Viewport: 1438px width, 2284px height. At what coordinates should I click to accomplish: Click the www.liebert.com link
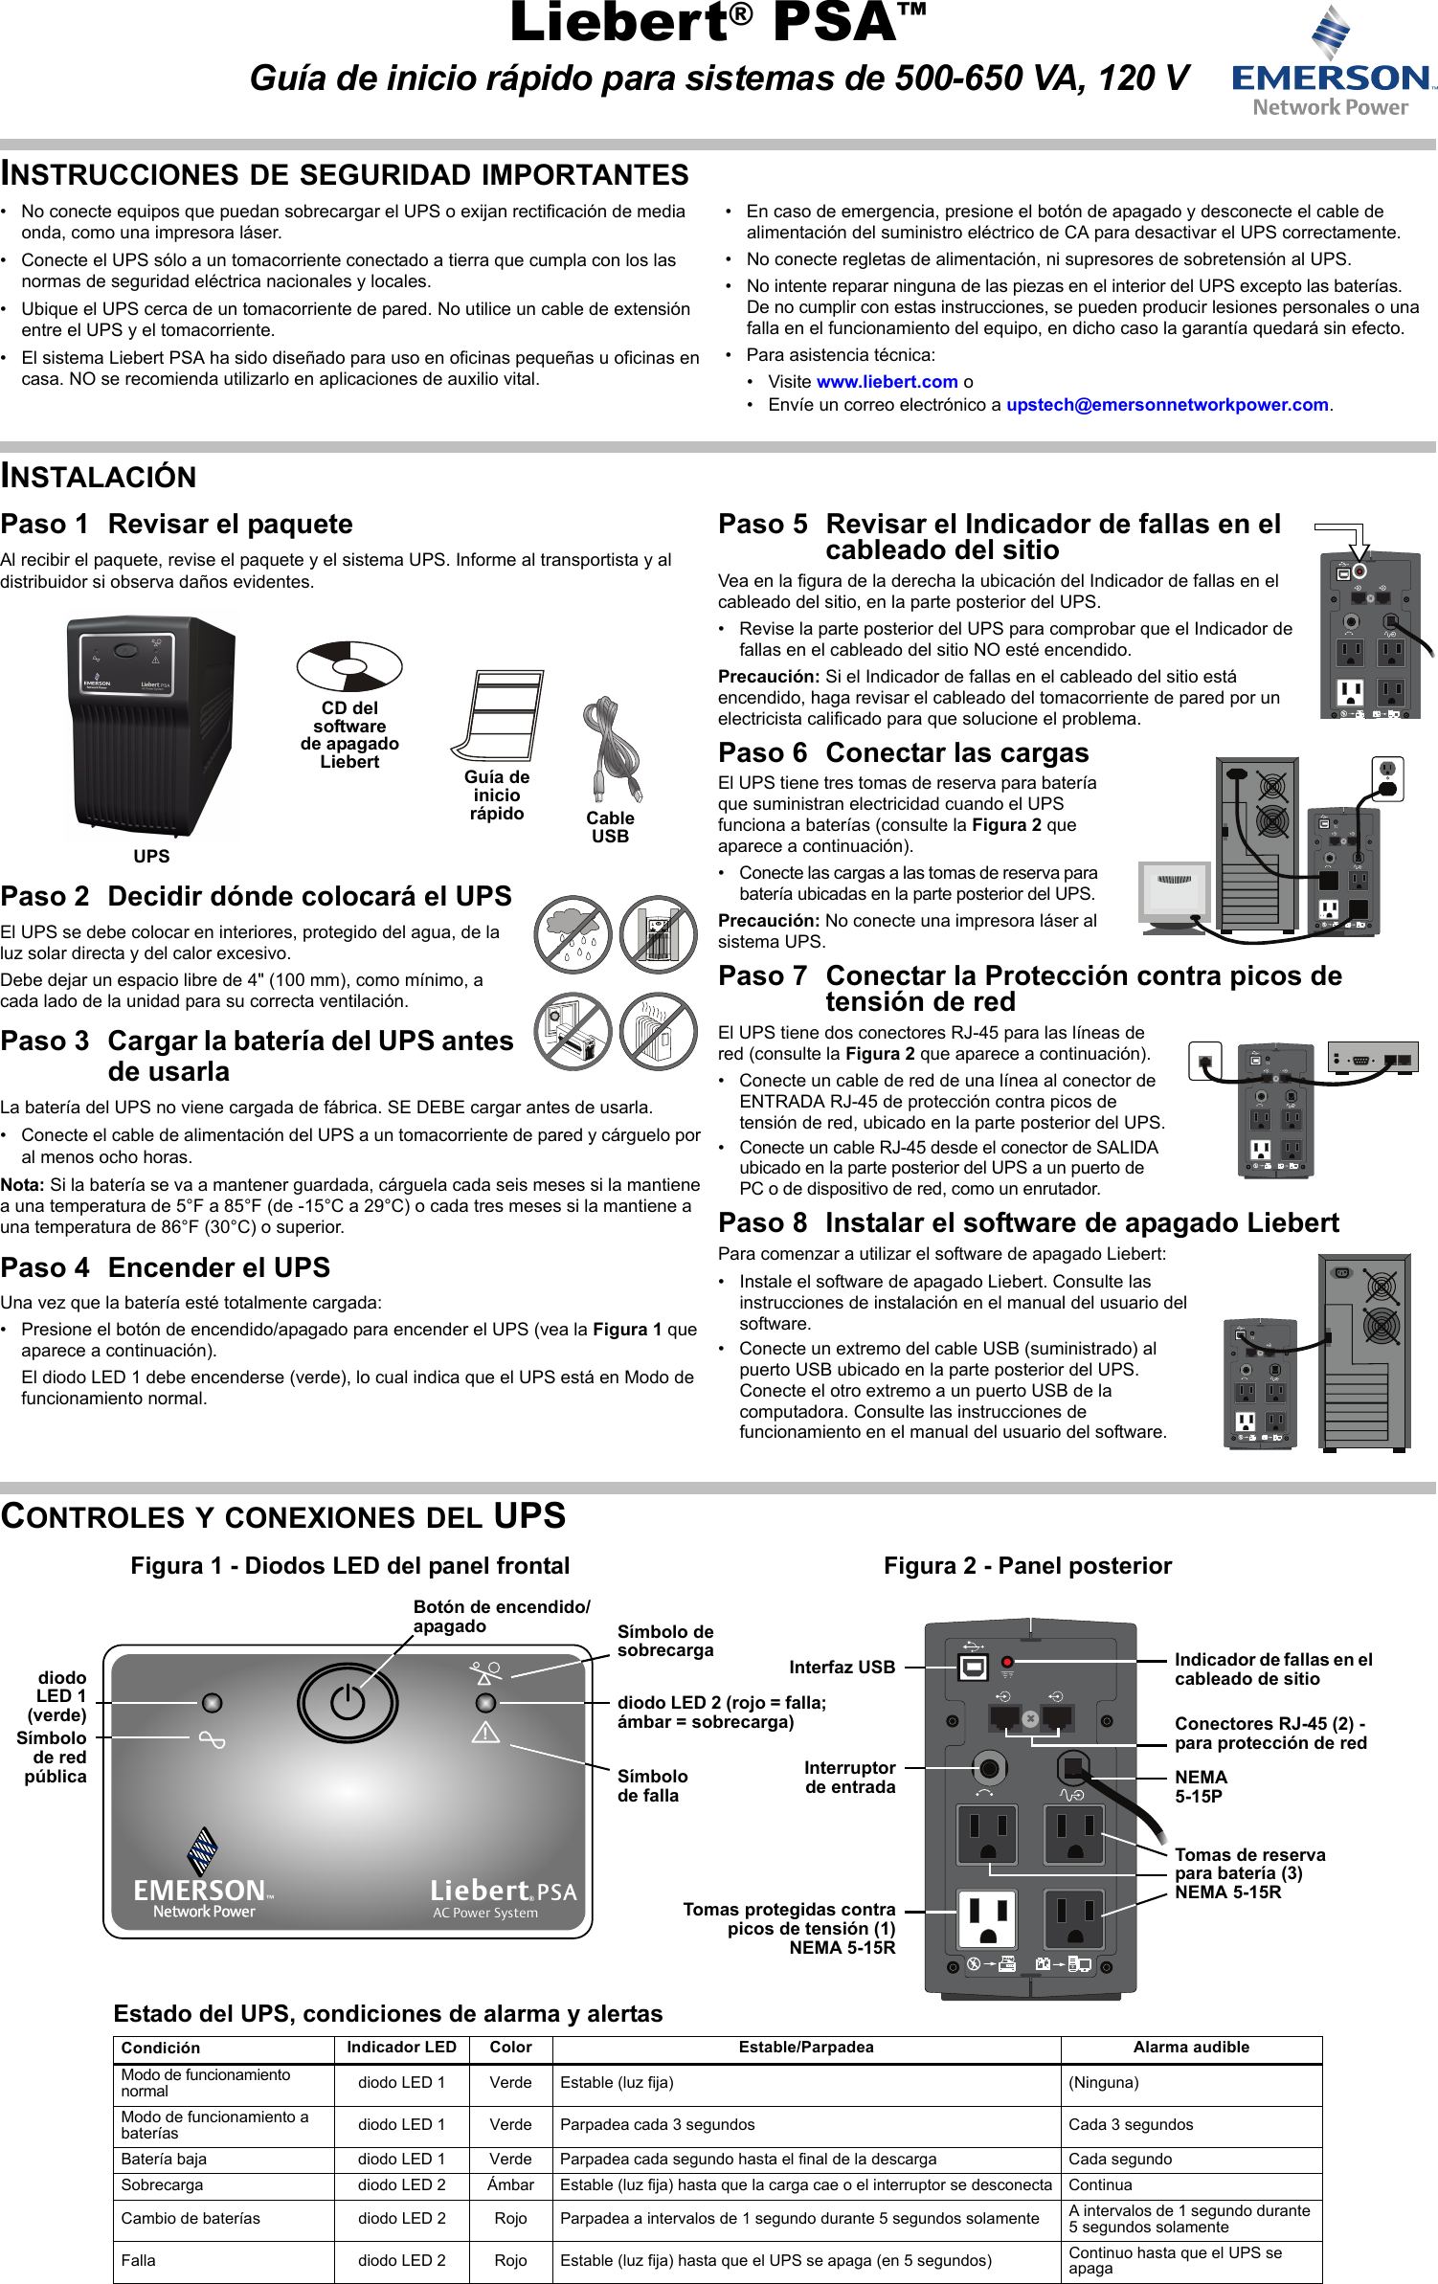pyautogui.click(x=887, y=382)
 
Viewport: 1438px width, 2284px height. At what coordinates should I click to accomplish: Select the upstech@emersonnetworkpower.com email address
pyautogui.click(x=1166, y=405)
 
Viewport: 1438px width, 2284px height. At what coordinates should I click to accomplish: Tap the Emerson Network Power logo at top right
pyautogui.click(x=1332, y=62)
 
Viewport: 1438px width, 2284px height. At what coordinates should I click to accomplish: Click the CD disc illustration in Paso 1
pyautogui.click(x=349, y=665)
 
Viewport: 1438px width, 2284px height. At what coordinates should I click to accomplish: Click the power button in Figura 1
pyautogui.click(x=348, y=1703)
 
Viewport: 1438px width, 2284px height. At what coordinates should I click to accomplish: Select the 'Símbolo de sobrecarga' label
pyautogui.click(x=664, y=1641)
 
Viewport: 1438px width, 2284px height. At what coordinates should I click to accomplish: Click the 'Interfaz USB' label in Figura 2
pyautogui.click(x=842, y=1668)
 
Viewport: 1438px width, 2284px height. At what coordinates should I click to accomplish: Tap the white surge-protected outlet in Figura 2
pyautogui.click(x=987, y=1919)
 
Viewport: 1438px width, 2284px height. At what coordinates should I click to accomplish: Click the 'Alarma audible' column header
pyautogui.click(x=1191, y=2048)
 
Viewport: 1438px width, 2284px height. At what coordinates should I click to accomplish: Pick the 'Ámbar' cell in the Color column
pyautogui.click(x=510, y=2185)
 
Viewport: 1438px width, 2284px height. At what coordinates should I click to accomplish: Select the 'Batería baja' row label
pyautogui.click(x=164, y=2160)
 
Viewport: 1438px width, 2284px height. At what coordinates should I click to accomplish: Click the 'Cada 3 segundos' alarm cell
pyautogui.click(x=1131, y=2125)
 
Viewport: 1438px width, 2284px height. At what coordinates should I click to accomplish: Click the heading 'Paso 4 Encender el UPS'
pyautogui.click(x=166, y=1267)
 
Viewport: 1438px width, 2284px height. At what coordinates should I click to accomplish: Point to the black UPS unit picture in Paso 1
pyautogui.click(x=151, y=728)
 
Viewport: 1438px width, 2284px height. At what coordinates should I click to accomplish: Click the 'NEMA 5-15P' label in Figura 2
pyautogui.click(x=1201, y=1786)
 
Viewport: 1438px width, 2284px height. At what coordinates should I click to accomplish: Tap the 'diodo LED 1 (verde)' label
pyautogui.click(x=59, y=1696)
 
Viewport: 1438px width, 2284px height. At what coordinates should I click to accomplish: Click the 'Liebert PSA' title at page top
pyautogui.click(x=718, y=23)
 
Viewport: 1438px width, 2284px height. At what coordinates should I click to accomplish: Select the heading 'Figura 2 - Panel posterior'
pyautogui.click(x=1027, y=1566)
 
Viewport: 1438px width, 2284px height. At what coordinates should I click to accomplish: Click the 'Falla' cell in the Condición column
pyautogui.click(x=138, y=2261)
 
